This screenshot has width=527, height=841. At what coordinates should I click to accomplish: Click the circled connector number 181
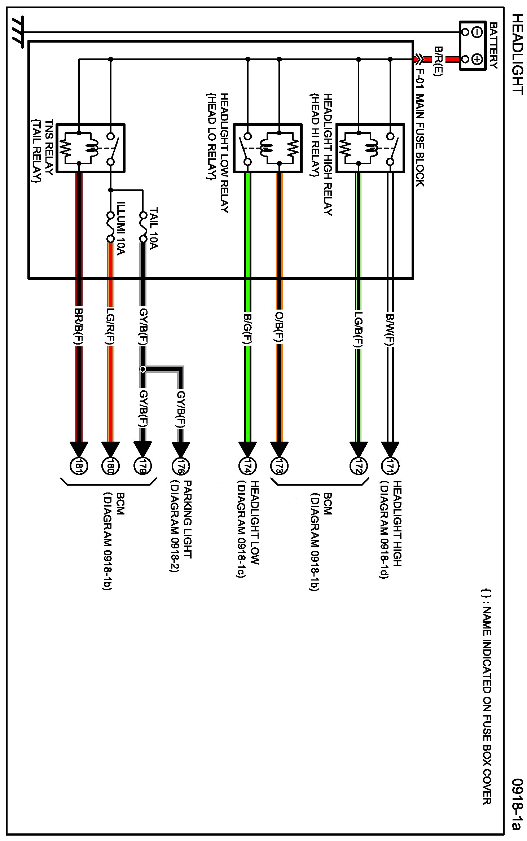pyautogui.click(x=78, y=466)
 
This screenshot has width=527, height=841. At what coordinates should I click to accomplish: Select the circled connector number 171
pyautogui.click(x=390, y=466)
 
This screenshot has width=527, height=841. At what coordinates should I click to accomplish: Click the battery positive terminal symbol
pyautogui.click(x=477, y=59)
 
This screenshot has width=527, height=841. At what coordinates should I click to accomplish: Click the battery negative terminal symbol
pyautogui.click(x=477, y=32)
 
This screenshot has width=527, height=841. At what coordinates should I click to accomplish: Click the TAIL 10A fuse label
pyautogui.click(x=153, y=228)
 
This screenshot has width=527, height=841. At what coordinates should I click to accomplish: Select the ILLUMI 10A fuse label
pyautogui.click(x=121, y=228)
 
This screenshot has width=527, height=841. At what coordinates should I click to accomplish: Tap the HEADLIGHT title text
pyautogui.click(x=517, y=54)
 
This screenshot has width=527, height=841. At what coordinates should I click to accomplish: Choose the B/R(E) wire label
pyautogui.click(x=438, y=61)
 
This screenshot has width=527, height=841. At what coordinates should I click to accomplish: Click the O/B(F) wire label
pyautogui.click(x=279, y=327)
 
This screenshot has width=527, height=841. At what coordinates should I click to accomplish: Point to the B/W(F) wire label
pyautogui.click(x=390, y=328)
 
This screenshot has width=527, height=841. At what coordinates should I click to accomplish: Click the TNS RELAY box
pyautogui.click(x=91, y=148)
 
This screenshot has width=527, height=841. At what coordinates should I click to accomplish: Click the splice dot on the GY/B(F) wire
pyautogui.click(x=143, y=369)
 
